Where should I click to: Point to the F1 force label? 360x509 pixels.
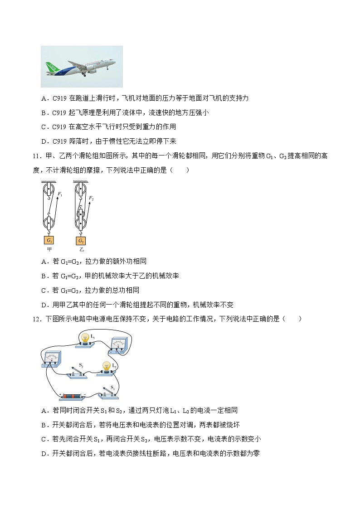pyautogui.click(x=59, y=194)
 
